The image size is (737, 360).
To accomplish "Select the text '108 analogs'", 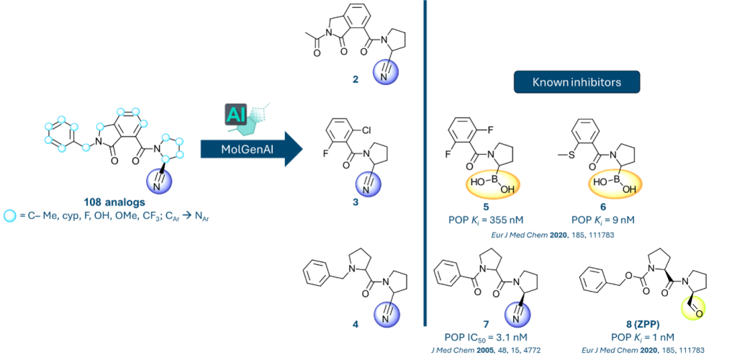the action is [108, 202].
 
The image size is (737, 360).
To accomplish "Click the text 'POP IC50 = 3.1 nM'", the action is [487, 336].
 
